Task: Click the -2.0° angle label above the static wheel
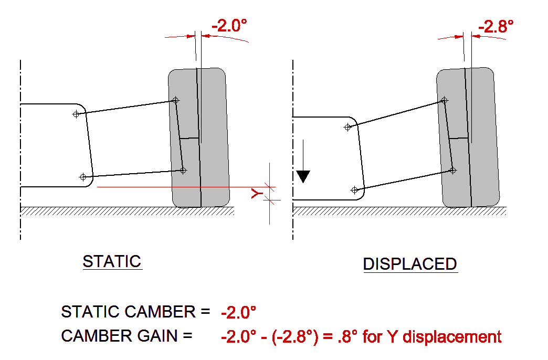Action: [x=229, y=26]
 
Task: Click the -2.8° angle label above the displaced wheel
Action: [x=496, y=26]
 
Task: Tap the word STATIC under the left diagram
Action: [x=112, y=261]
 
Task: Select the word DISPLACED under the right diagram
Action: [x=410, y=264]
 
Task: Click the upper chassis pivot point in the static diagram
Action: [x=76, y=114]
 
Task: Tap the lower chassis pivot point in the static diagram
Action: [x=82, y=177]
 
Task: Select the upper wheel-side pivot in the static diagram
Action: [x=176, y=100]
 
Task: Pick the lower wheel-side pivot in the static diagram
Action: [x=183, y=170]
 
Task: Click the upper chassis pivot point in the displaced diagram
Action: [x=347, y=126]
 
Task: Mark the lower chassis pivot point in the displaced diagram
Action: [x=354, y=189]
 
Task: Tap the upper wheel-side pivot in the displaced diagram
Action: [x=445, y=100]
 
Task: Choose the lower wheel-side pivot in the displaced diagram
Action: [x=452, y=170]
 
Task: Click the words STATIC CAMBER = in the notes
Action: [x=135, y=312]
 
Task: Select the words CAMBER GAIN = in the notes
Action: [x=127, y=335]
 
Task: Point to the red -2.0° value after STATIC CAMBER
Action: [x=238, y=313]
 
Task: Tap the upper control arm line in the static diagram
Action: [x=126, y=107]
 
